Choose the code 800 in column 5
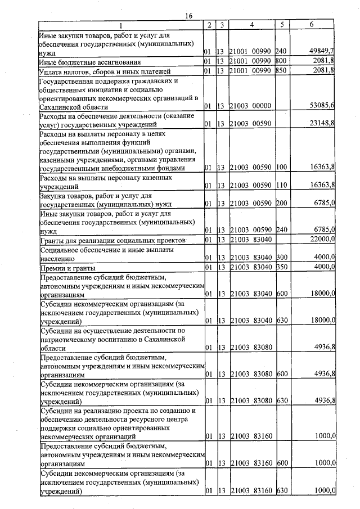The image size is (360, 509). click(x=281, y=61)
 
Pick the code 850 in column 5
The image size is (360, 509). click(x=281, y=71)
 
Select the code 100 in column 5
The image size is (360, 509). click(x=281, y=168)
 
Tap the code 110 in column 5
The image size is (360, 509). click(x=281, y=185)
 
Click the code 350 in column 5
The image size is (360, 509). click(x=281, y=267)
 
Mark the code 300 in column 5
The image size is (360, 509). click(x=281, y=258)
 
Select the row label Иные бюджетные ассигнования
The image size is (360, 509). click(x=89, y=61)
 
